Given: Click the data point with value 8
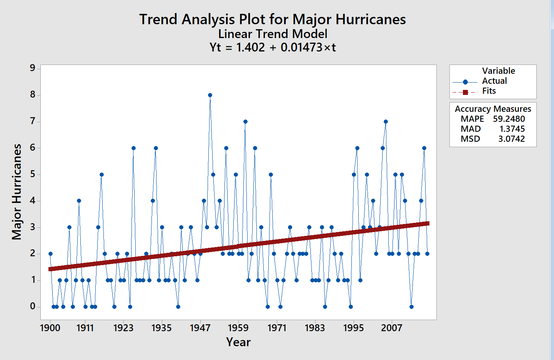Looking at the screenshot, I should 210,95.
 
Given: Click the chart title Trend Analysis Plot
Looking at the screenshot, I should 272,19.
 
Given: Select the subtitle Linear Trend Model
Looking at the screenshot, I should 272,34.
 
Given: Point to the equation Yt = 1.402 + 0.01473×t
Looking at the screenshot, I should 272,47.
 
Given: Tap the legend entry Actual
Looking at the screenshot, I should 494,81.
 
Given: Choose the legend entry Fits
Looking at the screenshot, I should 489,91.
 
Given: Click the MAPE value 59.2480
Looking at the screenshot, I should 509,119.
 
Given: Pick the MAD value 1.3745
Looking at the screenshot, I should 512,129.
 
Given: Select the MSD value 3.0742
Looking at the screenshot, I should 511,139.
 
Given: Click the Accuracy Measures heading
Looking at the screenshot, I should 492,109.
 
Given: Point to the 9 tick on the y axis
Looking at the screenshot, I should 33,68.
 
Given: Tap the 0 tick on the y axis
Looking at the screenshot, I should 33,306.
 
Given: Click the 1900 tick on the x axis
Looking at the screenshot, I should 50,328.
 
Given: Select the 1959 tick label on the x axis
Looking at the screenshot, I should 238,328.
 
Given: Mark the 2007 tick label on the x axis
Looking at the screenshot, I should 391,328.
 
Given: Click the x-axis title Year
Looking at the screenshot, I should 238,342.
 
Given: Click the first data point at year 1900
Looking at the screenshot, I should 50,254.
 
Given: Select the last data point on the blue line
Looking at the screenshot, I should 427,254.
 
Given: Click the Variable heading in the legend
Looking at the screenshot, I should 498,71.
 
